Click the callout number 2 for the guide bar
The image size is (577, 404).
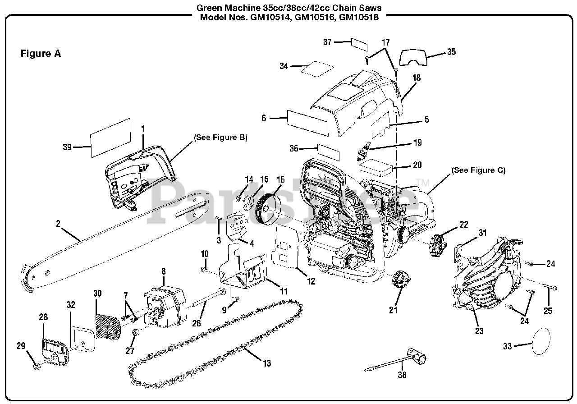tap(58, 223)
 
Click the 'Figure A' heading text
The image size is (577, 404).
tap(41, 54)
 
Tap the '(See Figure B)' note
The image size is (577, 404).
tap(220, 137)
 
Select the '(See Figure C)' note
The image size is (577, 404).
tap(478, 170)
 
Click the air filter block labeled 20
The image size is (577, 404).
tap(376, 166)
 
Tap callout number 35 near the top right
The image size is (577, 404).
tap(451, 52)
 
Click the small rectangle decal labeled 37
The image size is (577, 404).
tap(359, 44)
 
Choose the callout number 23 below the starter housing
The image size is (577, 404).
tap(479, 331)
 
